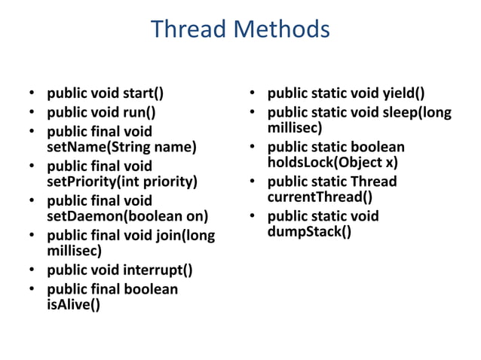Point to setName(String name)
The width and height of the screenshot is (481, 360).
(x=121, y=147)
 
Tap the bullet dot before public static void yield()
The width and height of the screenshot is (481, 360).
(x=254, y=95)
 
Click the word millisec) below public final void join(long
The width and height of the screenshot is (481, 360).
(x=74, y=251)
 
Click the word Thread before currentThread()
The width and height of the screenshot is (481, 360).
(x=373, y=182)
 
